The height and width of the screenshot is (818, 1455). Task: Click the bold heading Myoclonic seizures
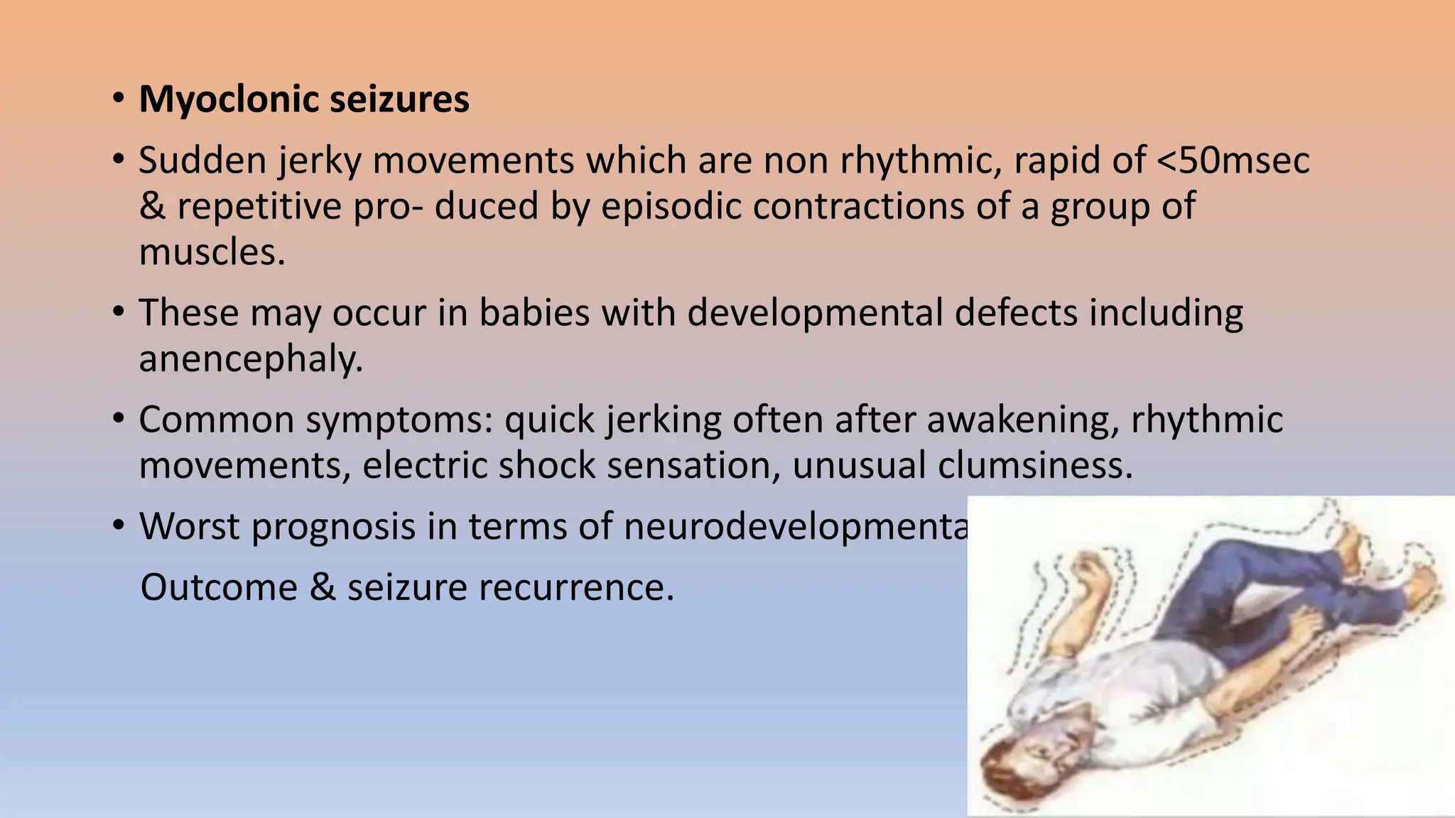304,99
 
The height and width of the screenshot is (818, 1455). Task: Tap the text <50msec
1233,160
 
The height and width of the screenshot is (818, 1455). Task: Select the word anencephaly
250,359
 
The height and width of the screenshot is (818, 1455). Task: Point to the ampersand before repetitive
152,207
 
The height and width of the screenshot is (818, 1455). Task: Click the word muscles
211,252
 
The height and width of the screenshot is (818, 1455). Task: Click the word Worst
188,527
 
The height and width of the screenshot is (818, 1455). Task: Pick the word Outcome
219,588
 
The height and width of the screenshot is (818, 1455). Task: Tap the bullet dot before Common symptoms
119,418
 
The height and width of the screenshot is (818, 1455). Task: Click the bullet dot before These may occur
119,311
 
